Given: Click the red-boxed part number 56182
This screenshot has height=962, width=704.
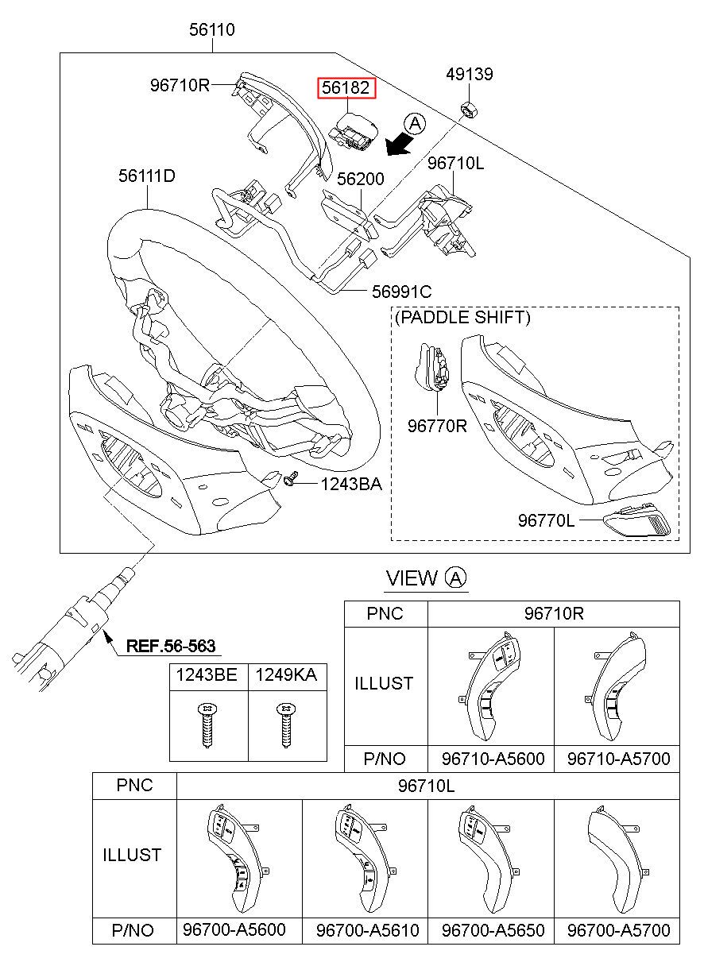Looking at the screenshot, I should click(x=346, y=87).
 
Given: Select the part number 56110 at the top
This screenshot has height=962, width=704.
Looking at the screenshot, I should click(x=212, y=30).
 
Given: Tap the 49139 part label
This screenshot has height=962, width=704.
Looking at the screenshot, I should click(x=469, y=74).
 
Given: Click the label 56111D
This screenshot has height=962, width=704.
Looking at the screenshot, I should click(x=147, y=175).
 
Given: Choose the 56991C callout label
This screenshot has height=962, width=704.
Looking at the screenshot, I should click(x=402, y=292).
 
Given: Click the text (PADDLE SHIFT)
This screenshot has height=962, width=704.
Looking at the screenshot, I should click(x=462, y=318).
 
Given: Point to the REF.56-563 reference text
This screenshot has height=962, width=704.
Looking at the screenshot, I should click(x=171, y=646).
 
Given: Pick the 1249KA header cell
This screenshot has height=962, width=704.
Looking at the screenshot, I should click(x=286, y=675).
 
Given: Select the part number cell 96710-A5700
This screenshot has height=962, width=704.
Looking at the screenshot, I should click(x=617, y=759).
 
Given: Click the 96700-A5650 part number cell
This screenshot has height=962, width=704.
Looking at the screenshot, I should click(x=491, y=929).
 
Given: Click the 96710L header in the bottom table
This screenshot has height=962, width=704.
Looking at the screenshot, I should click(x=428, y=786).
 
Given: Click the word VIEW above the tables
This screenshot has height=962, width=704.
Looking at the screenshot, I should click(x=411, y=578).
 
